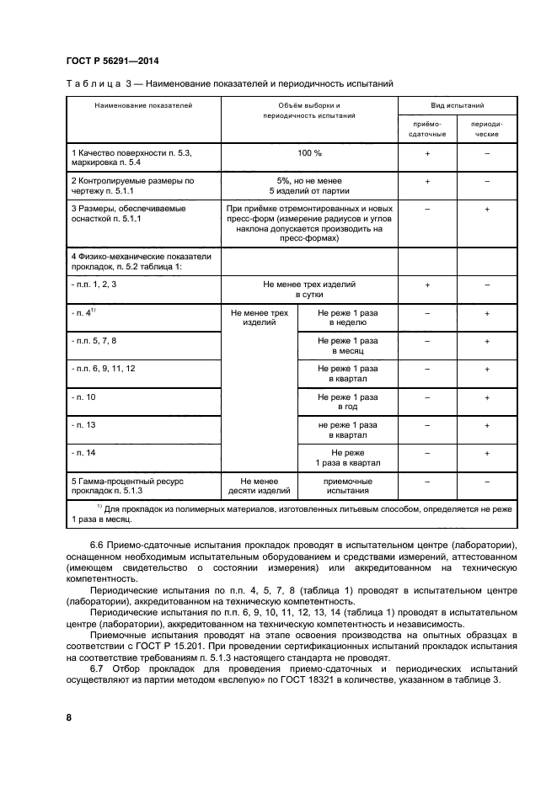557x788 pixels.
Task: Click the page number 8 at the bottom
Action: pos(68,717)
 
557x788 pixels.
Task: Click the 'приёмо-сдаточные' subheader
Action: pos(427,129)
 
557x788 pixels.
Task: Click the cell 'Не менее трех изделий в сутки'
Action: pos(309,290)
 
